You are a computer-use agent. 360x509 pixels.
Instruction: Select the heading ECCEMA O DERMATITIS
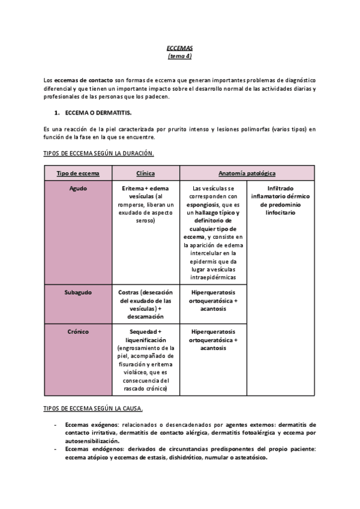tap(97, 113)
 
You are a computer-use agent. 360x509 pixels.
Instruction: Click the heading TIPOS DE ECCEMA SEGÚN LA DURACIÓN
tap(98, 154)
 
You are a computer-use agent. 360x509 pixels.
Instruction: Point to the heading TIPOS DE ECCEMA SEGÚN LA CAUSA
tap(93, 409)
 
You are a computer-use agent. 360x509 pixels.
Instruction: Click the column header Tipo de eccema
tap(77, 173)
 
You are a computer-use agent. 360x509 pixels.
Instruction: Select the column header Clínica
tap(145, 173)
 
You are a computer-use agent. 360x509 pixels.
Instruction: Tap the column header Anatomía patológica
tap(247, 173)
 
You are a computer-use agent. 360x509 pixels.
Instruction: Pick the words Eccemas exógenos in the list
tap(87, 424)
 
